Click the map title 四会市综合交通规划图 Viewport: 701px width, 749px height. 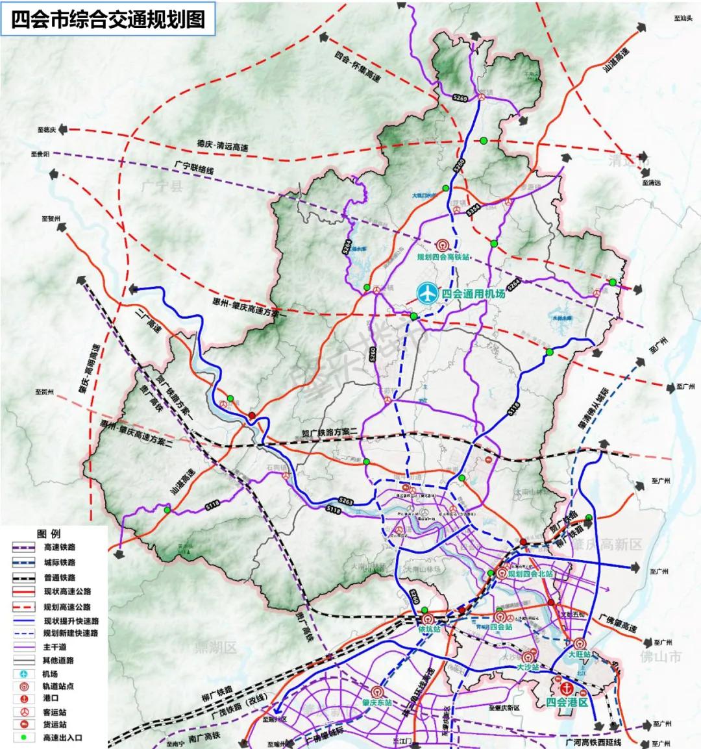(x=108, y=19)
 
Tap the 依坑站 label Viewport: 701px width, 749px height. (x=429, y=630)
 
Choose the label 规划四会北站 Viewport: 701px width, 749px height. (x=530, y=574)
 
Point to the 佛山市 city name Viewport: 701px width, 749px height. (x=661, y=657)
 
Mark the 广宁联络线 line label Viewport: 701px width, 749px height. (x=193, y=167)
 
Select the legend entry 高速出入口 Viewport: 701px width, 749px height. (x=62, y=737)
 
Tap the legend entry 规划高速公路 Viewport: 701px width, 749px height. (x=67, y=607)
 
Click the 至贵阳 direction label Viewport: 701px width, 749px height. (x=40, y=154)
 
